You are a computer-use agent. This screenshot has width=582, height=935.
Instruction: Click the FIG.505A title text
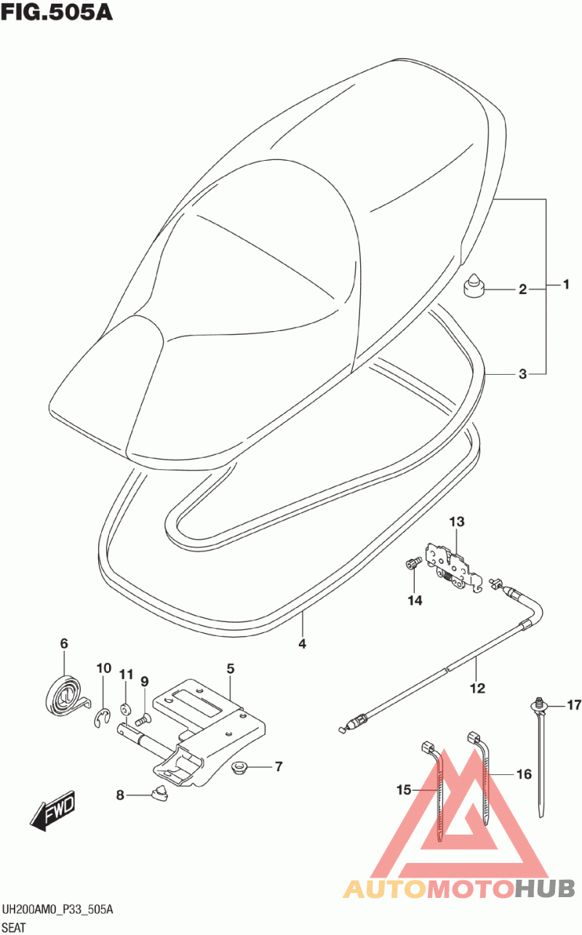57,12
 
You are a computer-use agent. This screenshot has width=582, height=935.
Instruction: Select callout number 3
522,375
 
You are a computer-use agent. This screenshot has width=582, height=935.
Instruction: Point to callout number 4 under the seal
302,643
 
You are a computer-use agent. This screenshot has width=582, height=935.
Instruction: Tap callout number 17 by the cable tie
575,704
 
